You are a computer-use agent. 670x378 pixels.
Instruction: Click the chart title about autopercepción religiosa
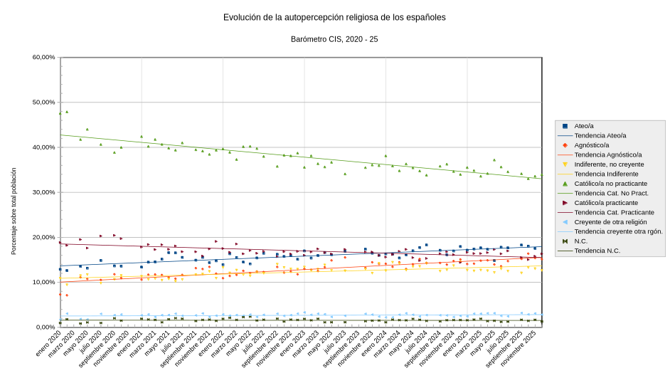[x=334, y=17]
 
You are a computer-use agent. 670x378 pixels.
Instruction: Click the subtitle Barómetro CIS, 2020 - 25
[x=334, y=39]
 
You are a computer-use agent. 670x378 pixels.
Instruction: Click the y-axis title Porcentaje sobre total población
[x=14, y=211]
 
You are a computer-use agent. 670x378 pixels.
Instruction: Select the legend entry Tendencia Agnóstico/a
[x=607, y=154]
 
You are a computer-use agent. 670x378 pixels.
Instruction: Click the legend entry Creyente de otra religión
[x=610, y=222]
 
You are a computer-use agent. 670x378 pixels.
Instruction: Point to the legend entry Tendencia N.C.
[x=597, y=251]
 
